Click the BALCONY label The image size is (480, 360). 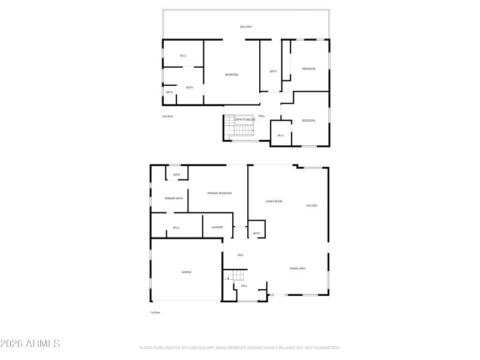tap(246, 27)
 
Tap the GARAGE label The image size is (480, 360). tap(187, 272)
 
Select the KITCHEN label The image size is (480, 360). tap(312, 206)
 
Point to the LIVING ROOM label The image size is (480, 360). tap(274, 202)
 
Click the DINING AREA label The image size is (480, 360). tap(298, 268)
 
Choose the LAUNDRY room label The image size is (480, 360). tap(217, 227)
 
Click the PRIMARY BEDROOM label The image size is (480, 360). tap(219, 193)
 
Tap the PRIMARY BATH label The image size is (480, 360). tap(174, 198)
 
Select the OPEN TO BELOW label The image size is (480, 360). tap(245, 119)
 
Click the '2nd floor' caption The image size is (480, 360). tap(167, 116)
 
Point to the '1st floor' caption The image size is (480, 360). tap(155, 313)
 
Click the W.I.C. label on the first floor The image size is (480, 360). tap(176, 227)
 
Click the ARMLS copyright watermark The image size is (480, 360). tap(30, 344)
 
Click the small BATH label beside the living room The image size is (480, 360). tap(257, 233)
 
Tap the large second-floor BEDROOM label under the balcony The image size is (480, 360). tap(232, 74)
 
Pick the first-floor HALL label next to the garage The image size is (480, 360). tap(240, 255)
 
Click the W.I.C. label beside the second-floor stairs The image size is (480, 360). tap(280, 135)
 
